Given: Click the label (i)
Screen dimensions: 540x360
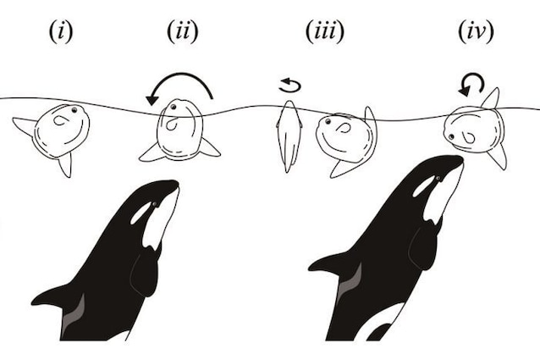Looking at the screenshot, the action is click(61, 31).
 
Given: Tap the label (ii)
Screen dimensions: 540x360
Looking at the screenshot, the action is click(183, 31).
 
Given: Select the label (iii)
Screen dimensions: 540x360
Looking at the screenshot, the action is click(325, 31).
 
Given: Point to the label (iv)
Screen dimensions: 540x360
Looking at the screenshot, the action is click(476, 31).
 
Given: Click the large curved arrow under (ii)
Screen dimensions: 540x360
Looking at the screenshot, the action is click(181, 74).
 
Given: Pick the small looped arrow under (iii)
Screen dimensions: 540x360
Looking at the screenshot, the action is click(290, 86).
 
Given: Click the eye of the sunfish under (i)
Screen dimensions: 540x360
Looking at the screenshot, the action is click(74, 110).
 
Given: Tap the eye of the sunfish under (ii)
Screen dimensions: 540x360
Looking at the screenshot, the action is click(174, 107).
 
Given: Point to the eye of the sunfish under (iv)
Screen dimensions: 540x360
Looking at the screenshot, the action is click(451, 137).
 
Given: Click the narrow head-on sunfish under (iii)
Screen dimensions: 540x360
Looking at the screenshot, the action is click(289, 136).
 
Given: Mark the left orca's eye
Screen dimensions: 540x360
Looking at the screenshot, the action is click(154, 204).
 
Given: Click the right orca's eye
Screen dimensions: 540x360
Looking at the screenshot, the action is click(438, 178).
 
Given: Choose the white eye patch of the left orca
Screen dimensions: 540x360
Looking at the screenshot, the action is click(141, 213).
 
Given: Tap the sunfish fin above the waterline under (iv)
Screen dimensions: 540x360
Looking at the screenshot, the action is click(492, 98).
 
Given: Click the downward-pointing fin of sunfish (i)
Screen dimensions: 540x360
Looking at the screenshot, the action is click(66, 164).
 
